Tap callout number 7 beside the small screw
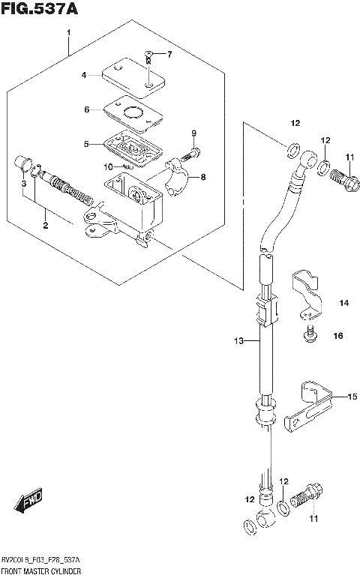point(169,54)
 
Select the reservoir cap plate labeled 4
point(133,77)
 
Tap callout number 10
point(108,166)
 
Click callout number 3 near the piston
point(24,184)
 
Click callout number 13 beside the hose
point(238,342)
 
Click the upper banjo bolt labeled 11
point(342,181)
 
